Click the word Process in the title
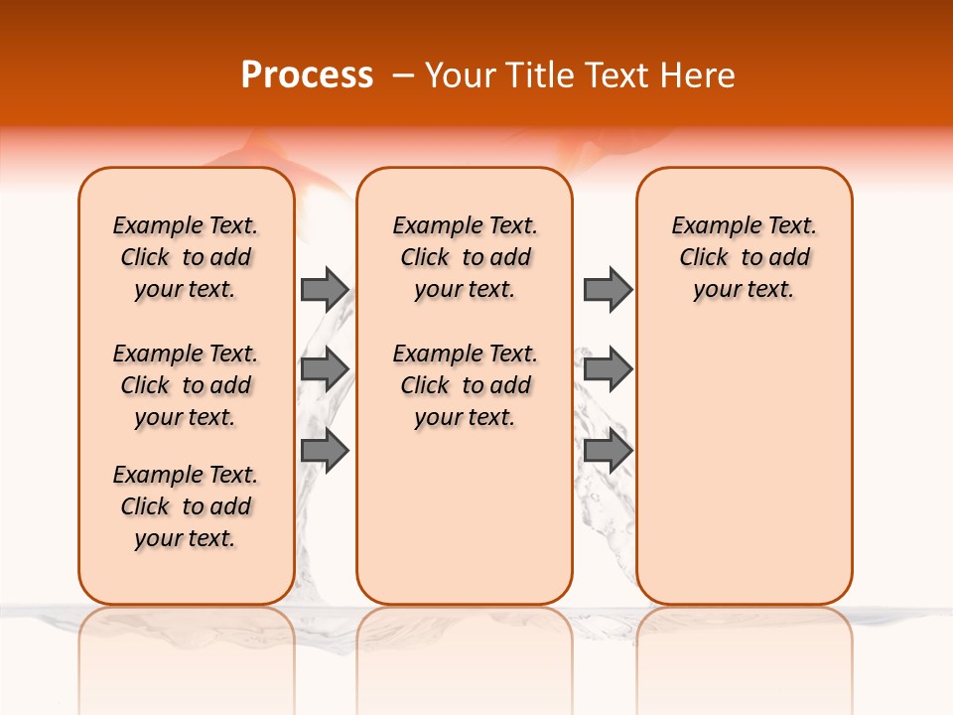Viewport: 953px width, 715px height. coord(307,75)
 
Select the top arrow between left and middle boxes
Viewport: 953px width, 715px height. coord(324,289)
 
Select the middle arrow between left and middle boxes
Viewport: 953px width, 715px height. coord(324,369)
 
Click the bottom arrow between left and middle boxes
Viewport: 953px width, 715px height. coord(324,451)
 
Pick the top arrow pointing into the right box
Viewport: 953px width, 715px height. coord(608,289)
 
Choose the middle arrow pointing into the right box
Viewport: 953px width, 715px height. coord(608,369)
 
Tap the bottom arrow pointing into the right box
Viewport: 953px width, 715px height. coord(608,451)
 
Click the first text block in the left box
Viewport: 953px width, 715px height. coord(186,257)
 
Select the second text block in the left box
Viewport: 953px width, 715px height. coord(186,385)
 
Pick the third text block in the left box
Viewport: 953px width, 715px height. coord(186,506)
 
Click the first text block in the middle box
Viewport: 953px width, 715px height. coord(465,257)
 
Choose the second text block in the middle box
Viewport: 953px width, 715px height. coord(465,385)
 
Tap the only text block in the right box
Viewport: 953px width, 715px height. coord(744,257)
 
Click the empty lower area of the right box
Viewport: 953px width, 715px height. coord(744,477)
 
